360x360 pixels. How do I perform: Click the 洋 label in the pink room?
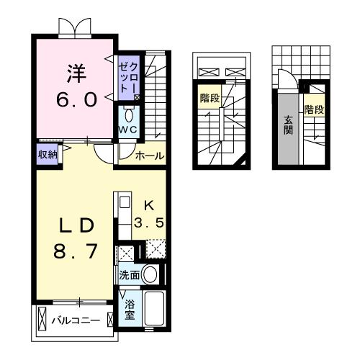(x=76, y=73)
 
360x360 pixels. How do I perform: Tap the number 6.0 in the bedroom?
(x=76, y=99)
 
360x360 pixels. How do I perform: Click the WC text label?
(x=128, y=130)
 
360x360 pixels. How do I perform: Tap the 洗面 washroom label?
(x=130, y=274)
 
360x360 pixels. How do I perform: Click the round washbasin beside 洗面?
(x=150, y=274)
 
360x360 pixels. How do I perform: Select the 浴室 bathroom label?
(x=130, y=309)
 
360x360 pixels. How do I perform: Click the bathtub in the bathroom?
(x=156, y=309)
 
